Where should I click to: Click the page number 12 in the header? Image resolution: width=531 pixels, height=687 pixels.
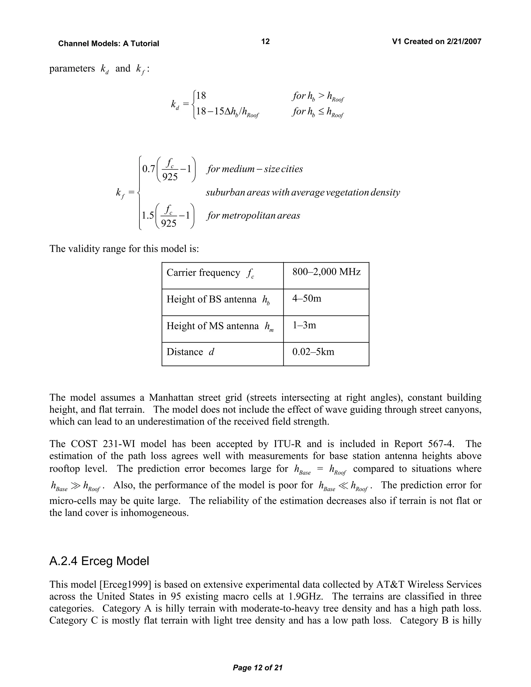coord(265,41)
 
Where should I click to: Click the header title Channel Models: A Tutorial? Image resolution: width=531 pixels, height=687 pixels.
coord(109,43)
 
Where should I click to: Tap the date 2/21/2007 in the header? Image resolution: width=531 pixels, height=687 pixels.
coord(464,41)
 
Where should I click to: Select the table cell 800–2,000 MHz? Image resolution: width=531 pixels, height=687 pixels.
coord(326,272)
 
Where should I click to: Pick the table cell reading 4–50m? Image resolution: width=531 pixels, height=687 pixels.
coord(307,298)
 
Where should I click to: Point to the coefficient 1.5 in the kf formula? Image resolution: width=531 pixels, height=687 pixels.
coord(148,215)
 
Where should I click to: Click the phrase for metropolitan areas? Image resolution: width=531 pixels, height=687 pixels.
coord(253,216)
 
